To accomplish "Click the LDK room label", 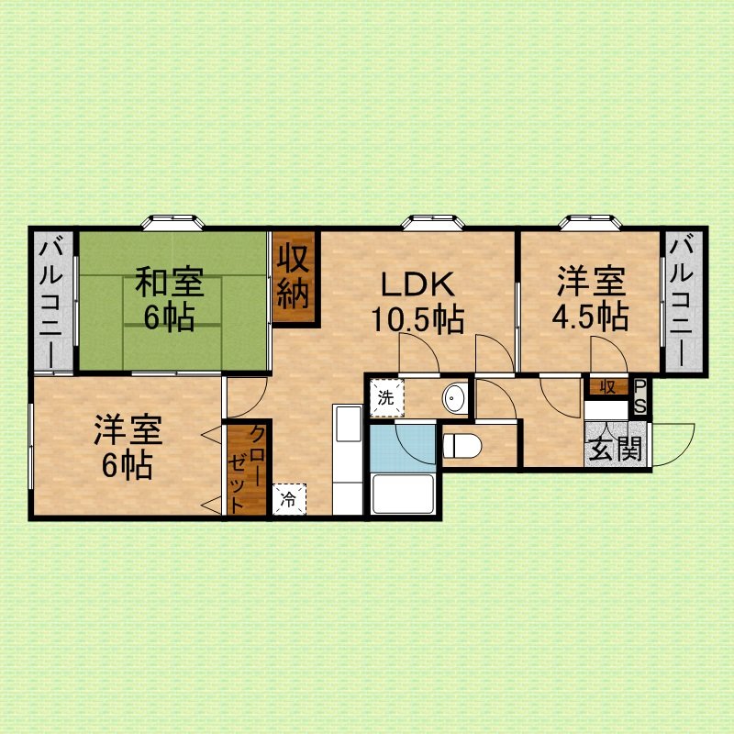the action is click(418, 284).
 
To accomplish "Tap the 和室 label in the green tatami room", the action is click(170, 282).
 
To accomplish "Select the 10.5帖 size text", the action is click(417, 320).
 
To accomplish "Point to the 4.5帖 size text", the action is click(590, 317).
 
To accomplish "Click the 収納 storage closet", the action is click(294, 277).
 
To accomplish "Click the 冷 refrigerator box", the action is click(289, 499).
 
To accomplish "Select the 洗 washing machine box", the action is click(386, 398).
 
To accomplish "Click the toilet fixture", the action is click(462, 446).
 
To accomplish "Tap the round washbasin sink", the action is click(454, 398).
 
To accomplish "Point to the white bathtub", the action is click(402, 494).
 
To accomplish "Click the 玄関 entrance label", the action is click(615, 450).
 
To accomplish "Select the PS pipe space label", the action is click(639, 396).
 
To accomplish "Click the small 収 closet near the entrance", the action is click(608, 386).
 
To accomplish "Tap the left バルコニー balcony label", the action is click(51, 304).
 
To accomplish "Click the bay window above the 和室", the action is click(173, 222).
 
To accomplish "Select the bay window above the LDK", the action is click(432, 222).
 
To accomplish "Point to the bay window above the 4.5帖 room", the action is click(590, 222).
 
